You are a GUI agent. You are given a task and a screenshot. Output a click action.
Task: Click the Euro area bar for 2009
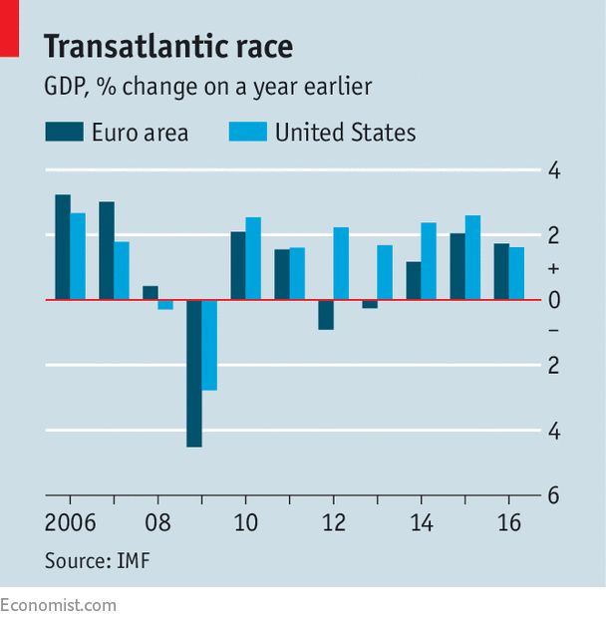click(x=194, y=373)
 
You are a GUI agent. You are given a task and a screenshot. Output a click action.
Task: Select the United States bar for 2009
click(x=209, y=345)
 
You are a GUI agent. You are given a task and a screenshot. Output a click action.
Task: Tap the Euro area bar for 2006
click(x=62, y=247)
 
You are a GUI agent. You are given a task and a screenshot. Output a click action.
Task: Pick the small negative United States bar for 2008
click(x=165, y=304)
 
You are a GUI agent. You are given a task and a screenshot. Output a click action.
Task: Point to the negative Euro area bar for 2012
click(x=326, y=314)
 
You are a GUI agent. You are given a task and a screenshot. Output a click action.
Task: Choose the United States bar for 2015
click(x=472, y=257)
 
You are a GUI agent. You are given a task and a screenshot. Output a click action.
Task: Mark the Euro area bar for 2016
click(x=501, y=271)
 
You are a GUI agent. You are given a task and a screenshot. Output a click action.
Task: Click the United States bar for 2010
click(x=253, y=258)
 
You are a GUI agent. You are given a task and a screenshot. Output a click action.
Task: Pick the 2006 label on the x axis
click(x=70, y=523)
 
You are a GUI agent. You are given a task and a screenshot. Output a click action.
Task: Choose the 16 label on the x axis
click(x=508, y=523)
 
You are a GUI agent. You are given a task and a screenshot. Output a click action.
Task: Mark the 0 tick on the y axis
click(x=554, y=300)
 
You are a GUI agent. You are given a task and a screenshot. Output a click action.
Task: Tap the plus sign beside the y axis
click(x=554, y=268)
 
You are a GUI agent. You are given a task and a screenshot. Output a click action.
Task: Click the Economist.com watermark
click(x=58, y=605)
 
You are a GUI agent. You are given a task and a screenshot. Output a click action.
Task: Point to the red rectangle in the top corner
click(x=9, y=27)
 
